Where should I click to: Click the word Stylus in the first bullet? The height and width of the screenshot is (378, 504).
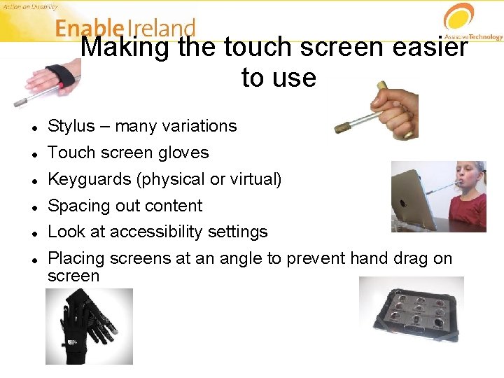[x=71, y=127]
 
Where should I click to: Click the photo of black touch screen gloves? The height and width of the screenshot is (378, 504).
[x=89, y=327]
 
